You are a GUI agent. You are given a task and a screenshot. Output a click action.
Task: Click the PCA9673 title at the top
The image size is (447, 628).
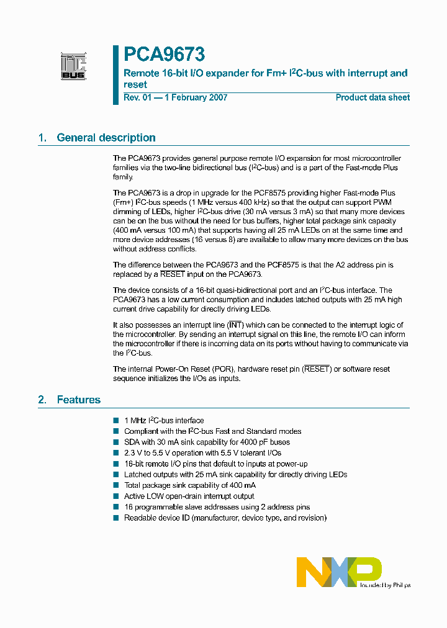[164, 55]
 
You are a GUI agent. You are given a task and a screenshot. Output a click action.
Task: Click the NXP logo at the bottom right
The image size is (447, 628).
[339, 572]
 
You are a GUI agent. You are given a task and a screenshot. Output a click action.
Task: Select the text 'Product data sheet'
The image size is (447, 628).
[372, 97]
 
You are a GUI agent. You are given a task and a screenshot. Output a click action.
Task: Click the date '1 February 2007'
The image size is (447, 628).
[196, 97]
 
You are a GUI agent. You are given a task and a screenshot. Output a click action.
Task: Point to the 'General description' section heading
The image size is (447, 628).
[106, 138]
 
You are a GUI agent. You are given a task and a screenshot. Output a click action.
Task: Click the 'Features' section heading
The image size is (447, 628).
[78, 400]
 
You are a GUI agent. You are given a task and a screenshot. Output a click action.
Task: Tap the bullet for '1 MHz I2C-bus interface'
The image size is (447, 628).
[115, 421]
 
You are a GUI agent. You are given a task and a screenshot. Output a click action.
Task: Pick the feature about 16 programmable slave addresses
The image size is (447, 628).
[217, 507]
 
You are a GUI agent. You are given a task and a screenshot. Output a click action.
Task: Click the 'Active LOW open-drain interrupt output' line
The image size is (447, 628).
[189, 496]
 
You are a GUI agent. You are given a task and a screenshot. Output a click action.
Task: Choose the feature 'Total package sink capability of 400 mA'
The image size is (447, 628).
[189, 485]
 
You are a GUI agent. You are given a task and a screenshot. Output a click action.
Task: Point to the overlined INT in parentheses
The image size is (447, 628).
[235, 325]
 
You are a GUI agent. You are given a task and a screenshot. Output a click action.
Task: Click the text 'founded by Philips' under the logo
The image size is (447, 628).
[385, 585]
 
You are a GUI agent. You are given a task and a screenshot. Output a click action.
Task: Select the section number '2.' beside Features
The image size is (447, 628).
[42, 400]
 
